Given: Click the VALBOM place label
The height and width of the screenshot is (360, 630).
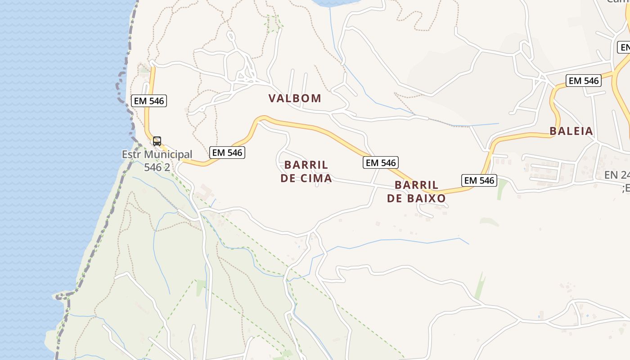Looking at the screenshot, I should point(295,98).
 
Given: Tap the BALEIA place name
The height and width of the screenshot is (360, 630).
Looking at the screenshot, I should point(571,131).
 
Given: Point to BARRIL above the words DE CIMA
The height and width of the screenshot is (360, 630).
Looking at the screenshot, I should point(306,165).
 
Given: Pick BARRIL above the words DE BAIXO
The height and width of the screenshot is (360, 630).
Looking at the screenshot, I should point(416,185).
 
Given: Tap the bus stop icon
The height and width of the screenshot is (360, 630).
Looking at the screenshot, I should point(157,141).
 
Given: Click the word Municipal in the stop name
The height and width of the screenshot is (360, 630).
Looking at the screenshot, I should point(168,154).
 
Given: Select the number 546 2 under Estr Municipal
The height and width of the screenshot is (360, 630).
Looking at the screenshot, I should point(157,167).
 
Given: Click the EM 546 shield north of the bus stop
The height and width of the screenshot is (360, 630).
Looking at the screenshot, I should point(149,101).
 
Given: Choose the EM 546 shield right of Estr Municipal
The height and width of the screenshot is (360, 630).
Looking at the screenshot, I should point(227,153).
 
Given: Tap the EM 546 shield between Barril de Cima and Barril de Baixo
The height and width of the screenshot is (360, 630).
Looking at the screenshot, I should point(381,162).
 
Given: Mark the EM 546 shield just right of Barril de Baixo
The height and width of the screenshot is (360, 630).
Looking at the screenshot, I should point(479,180).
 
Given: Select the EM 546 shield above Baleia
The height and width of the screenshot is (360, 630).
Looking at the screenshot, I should point(584,81).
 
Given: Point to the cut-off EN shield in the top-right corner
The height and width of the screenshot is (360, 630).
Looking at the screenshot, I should point(624,47).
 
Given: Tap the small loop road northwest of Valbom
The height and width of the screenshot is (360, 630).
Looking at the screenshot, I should point(231,36).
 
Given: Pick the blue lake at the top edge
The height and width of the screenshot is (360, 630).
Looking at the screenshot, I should point(333,3).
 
